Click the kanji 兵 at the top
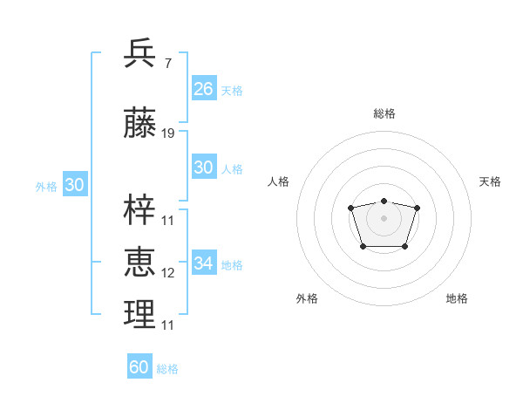coord(140,54)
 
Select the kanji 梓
coord(140,209)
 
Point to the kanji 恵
coord(140,262)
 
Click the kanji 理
coord(140,314)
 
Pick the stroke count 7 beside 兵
coord(167,64)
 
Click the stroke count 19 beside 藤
coord(168,133)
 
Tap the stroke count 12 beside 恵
coord(168,273)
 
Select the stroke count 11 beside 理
coord(168,325)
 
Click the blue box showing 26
coord(204,89)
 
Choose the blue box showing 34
coord(204,263)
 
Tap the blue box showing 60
coord(139,367)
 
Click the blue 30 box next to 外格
coord(74,185)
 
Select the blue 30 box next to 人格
coord(204,167)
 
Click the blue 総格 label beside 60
coord(167,369)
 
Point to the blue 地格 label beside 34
coord(232,264)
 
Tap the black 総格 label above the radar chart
coord(384,113)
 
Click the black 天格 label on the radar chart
coord(491,181)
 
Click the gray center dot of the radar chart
coord(384,217)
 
